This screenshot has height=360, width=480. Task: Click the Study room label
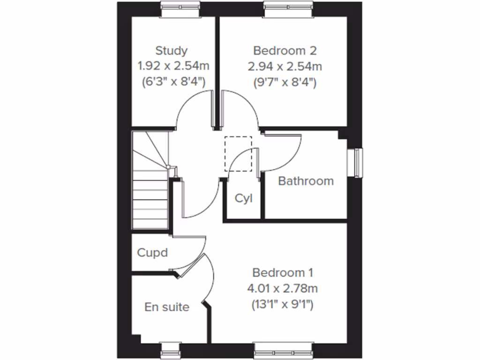pos(172,51)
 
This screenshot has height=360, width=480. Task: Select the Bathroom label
pos(306,181)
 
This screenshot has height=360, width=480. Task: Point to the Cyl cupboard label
pos(243,198)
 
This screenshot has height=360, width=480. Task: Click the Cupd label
pos(152,253)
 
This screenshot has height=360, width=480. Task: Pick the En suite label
pos(167,307)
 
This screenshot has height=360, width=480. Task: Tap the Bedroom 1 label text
pos(283,272)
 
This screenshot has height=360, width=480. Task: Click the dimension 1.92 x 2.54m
pos(172,66)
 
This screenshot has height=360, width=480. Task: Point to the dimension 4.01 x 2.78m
pos(283,288)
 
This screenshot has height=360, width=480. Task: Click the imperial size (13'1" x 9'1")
pos(283,304)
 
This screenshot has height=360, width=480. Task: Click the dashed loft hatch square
pos(238,153)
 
